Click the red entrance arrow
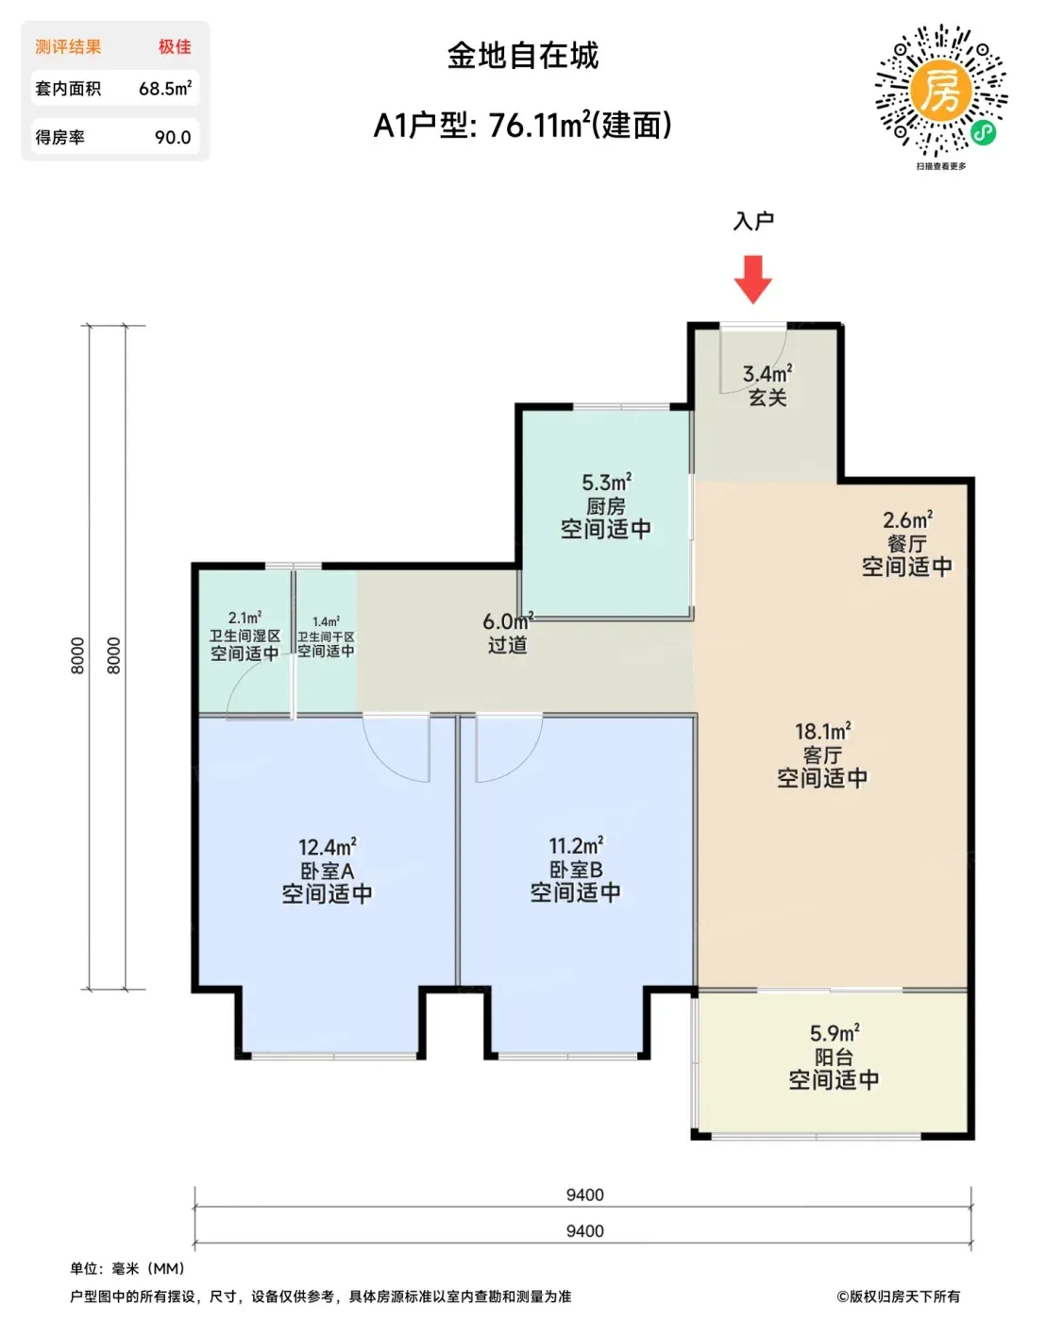click(753, 280)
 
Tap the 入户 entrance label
click(753, 221)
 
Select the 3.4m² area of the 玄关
click(768, 373)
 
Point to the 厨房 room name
click(606, 506)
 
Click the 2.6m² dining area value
click(908, 519)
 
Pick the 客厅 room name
click(822, 755)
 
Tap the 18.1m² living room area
click(823, 731)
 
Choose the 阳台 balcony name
click(834, 1057)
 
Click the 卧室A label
click(328, 871)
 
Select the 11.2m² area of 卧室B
click(576, 846)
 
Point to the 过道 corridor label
click(508, 645)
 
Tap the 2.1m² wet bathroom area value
click(245, 617)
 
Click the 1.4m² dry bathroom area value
click(326, 621)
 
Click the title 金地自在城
click(523, 56)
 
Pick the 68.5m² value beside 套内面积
click(165, 89)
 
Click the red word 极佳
click(175, 46)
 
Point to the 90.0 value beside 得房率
click(173, 137)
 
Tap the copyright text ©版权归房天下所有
click(898, 1297)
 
